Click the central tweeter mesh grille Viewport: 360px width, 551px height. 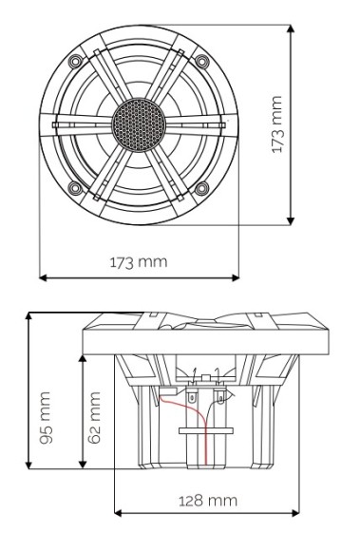[x=139, y=123]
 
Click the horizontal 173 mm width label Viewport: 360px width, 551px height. [x=138, y=260]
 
